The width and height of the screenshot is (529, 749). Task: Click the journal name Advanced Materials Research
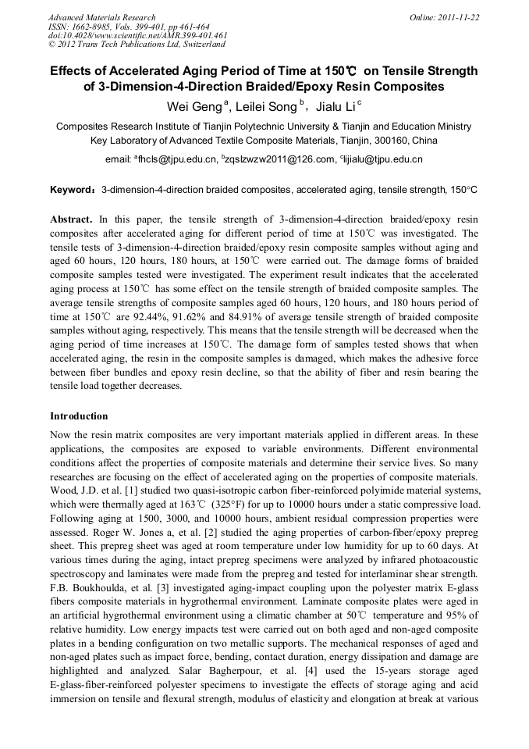pos(101,17)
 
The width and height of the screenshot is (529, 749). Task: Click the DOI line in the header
pos(137,35)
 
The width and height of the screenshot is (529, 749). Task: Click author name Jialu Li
pos(340,106)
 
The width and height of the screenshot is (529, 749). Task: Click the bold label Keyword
pos(73,190)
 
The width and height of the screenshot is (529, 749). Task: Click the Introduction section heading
pos(79,416)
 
